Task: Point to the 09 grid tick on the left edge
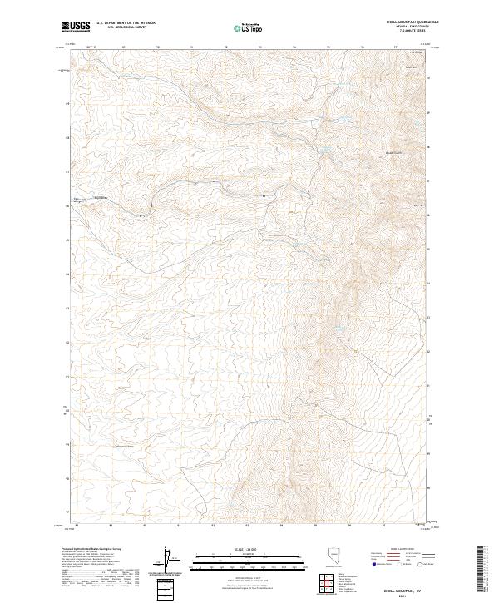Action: pyautogui.click(x=68, y=103)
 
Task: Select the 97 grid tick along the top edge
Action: pyautogui.click(x=396, y=47)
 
